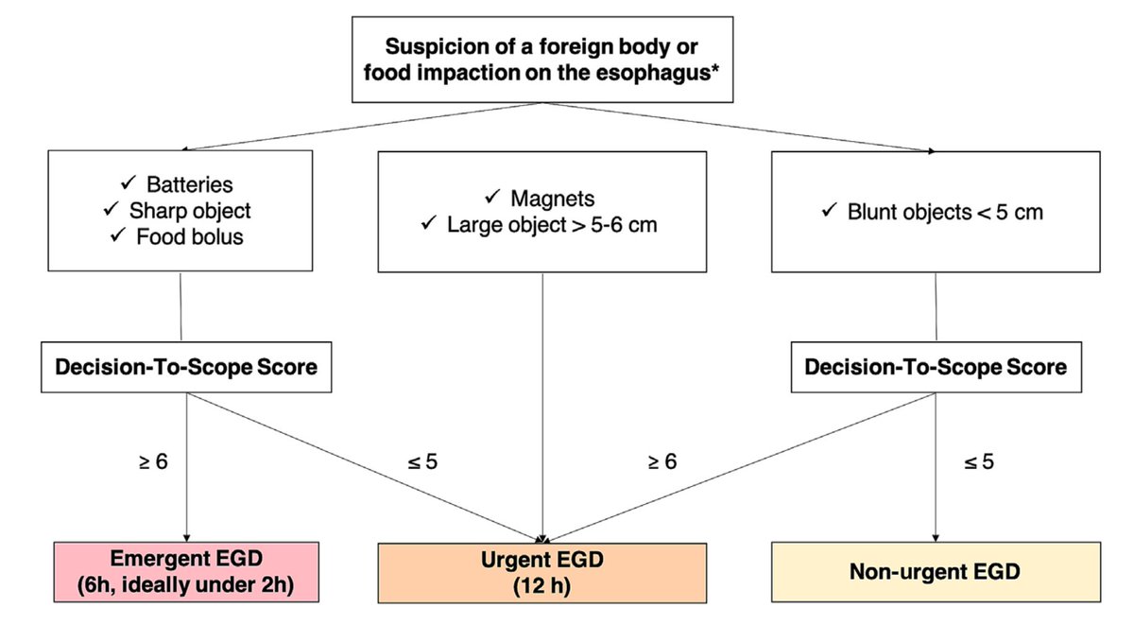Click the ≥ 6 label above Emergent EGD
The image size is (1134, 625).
pos(153,462)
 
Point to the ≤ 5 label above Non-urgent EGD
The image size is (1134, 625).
pos(978,462)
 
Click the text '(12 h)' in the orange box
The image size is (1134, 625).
pos(542,586)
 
